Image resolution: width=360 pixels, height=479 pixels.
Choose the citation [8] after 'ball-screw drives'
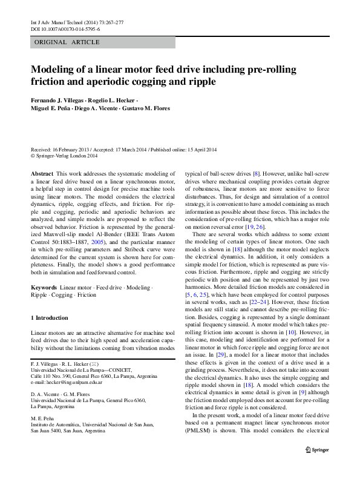pyautogui.click(x=256, y=173)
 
